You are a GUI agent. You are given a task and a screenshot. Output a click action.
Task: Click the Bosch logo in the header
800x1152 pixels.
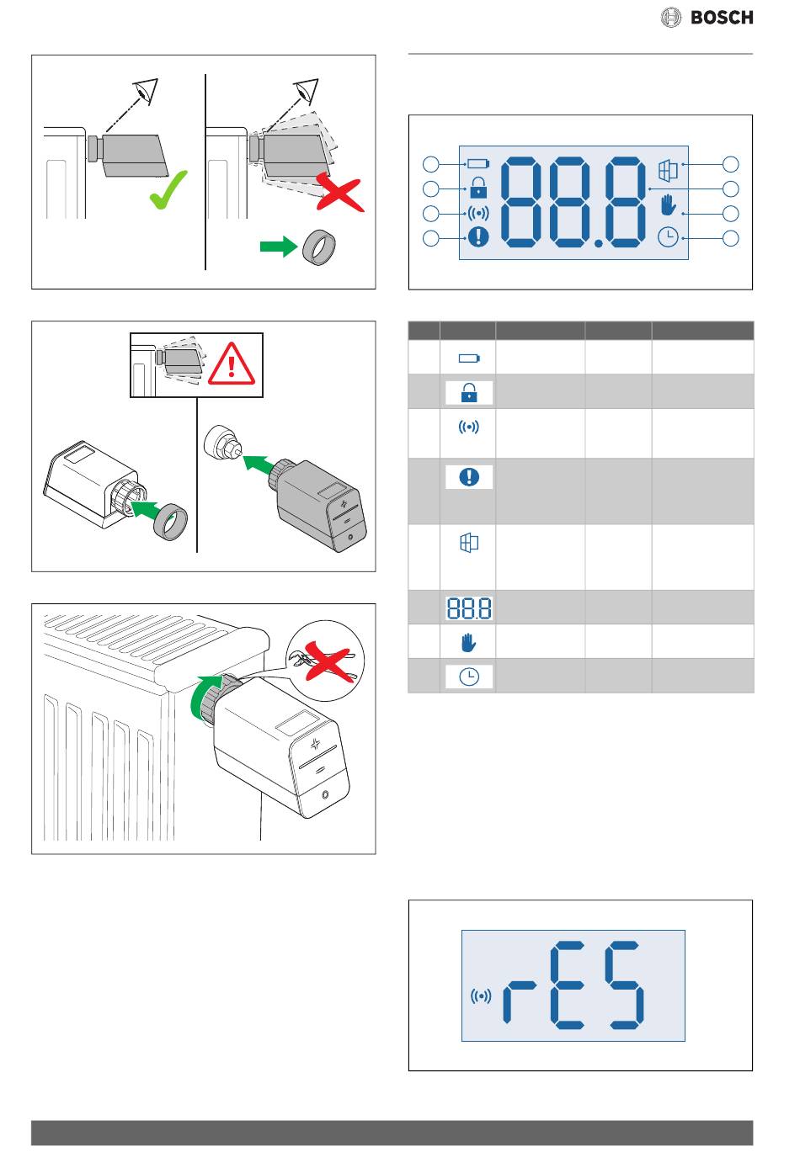click(707, 18)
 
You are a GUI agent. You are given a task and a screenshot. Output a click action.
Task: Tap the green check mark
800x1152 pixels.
click(168, 190)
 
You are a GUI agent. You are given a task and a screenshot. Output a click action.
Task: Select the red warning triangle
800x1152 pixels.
click(231, 364)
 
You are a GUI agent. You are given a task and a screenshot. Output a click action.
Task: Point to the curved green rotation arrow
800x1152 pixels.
click(202, 694)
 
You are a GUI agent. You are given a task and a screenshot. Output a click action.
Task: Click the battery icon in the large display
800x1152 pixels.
click(478, 164)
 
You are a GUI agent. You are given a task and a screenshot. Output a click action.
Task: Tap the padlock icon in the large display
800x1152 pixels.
click(478, 188)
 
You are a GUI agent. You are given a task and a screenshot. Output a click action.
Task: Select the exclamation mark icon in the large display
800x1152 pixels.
click(478, 237)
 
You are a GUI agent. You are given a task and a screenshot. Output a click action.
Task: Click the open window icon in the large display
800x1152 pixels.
click(669, 170)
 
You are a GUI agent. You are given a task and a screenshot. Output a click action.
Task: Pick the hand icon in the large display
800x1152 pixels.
click(669, 204)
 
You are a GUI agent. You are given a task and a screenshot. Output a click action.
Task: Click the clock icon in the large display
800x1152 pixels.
click(669, 237)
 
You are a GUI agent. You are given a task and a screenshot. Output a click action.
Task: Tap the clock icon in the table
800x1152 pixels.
click(469, 677)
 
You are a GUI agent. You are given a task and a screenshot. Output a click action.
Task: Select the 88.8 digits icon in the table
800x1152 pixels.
click(469, 608)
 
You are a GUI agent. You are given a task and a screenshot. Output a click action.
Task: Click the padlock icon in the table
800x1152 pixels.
click(469, 392)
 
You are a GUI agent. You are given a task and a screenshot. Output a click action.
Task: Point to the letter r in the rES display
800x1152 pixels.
click(519, 1002)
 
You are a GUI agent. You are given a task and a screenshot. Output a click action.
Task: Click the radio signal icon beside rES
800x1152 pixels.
click(480, 996)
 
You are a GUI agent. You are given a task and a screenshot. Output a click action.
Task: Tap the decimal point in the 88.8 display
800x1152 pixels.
click(598, 244)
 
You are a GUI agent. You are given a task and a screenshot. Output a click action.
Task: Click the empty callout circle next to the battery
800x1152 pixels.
click(431, 164)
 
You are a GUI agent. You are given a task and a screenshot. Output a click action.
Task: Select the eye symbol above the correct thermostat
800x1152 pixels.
click(147, 91)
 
